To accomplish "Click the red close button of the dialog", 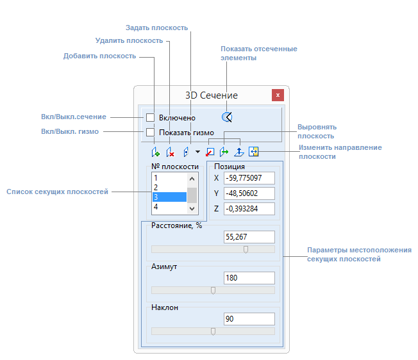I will [x=278, y=95].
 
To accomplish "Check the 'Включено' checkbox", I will [x=151, y=117].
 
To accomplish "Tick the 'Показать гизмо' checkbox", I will [x=151, y=133].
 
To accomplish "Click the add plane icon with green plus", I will [x=155, y=152].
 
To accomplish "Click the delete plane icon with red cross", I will [x=170, y=152].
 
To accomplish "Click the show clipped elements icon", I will [x=226, y=117].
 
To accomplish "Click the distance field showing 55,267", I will [x=249, y=237].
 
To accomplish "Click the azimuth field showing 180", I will [x=249, y=278].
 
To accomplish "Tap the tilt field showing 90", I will [x=249, y=319].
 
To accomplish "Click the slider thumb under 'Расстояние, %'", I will [x=246, y=249].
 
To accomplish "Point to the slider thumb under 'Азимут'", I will [x=213, y=290].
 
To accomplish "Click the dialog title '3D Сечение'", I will [x=212, y=95].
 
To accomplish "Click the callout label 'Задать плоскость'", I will [x=156, y=28].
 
